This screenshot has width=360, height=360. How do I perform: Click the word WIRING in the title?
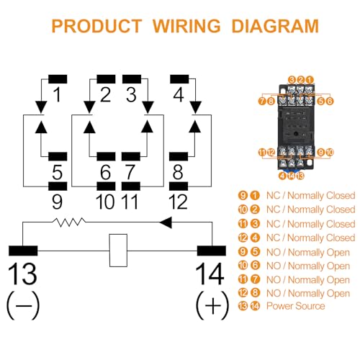pos(186,26)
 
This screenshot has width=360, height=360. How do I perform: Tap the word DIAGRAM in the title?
pos(275,26)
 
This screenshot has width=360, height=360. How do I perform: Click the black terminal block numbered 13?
pos(23,251)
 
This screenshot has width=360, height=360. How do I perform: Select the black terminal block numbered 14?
pos(212,251)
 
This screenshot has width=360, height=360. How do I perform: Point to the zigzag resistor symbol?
pos(69,222)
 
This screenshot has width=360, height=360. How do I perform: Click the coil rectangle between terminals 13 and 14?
pos(118,251)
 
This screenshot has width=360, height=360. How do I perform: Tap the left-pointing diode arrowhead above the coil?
pos(166,222)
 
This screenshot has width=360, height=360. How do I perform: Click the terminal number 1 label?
pos(57,94)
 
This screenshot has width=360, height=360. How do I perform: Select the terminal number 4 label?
pos(179,94)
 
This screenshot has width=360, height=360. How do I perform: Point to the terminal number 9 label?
pos(57,202)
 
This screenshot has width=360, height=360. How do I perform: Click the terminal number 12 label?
pos(178,202)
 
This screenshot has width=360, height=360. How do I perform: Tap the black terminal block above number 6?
pos(106,156)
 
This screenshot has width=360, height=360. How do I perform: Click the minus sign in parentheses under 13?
pos(23,305)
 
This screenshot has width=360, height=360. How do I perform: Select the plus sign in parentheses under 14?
pos(212,305)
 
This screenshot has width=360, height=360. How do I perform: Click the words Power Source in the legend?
pos(296,306)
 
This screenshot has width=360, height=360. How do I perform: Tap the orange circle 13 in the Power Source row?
pos(243,306)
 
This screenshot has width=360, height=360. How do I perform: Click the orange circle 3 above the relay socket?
pos(292,80)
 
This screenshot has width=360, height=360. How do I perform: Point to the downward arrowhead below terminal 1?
pos(41,107)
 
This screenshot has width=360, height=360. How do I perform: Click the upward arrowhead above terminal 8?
pos(194,127)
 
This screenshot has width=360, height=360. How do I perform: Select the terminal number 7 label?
pos(130,172)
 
